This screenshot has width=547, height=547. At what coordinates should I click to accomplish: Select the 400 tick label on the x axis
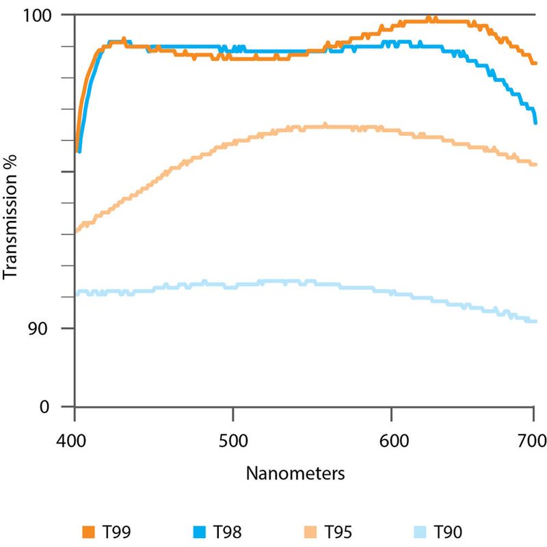(x=74, y=440)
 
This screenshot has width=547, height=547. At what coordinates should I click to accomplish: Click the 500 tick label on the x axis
(x=233, y=440)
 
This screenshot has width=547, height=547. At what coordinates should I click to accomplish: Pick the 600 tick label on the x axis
(x=392, y=440)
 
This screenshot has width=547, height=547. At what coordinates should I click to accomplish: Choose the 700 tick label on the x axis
(x=533, y=440)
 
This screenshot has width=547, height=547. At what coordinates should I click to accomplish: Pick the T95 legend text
(x=338, y=531)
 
